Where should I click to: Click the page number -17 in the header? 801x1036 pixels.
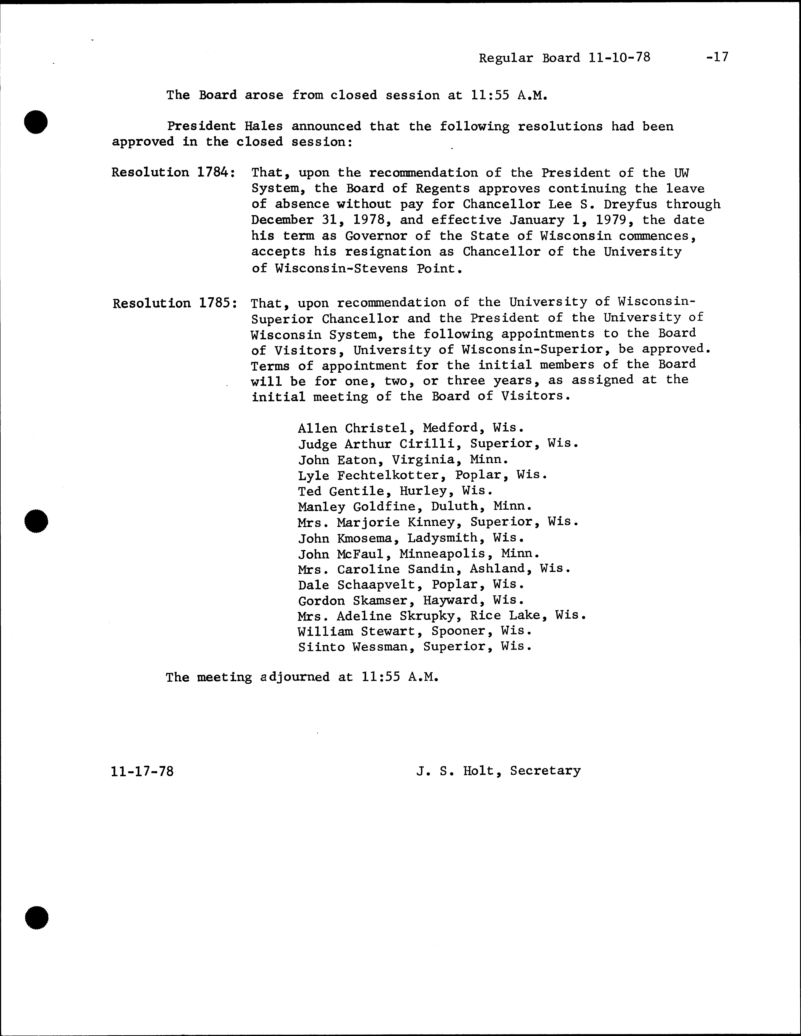click(x=717, y=58)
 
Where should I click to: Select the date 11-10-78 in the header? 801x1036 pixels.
click(x=619, y=58)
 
